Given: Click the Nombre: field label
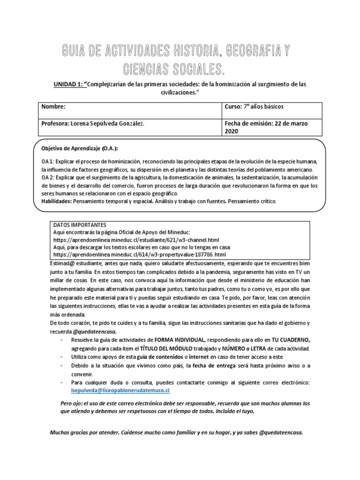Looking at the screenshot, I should [53, 107].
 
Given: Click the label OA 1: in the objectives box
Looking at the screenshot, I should [48, 161].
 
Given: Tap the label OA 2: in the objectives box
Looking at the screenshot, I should [48, 178].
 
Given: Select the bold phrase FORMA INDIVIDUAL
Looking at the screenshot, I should [176, 340].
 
